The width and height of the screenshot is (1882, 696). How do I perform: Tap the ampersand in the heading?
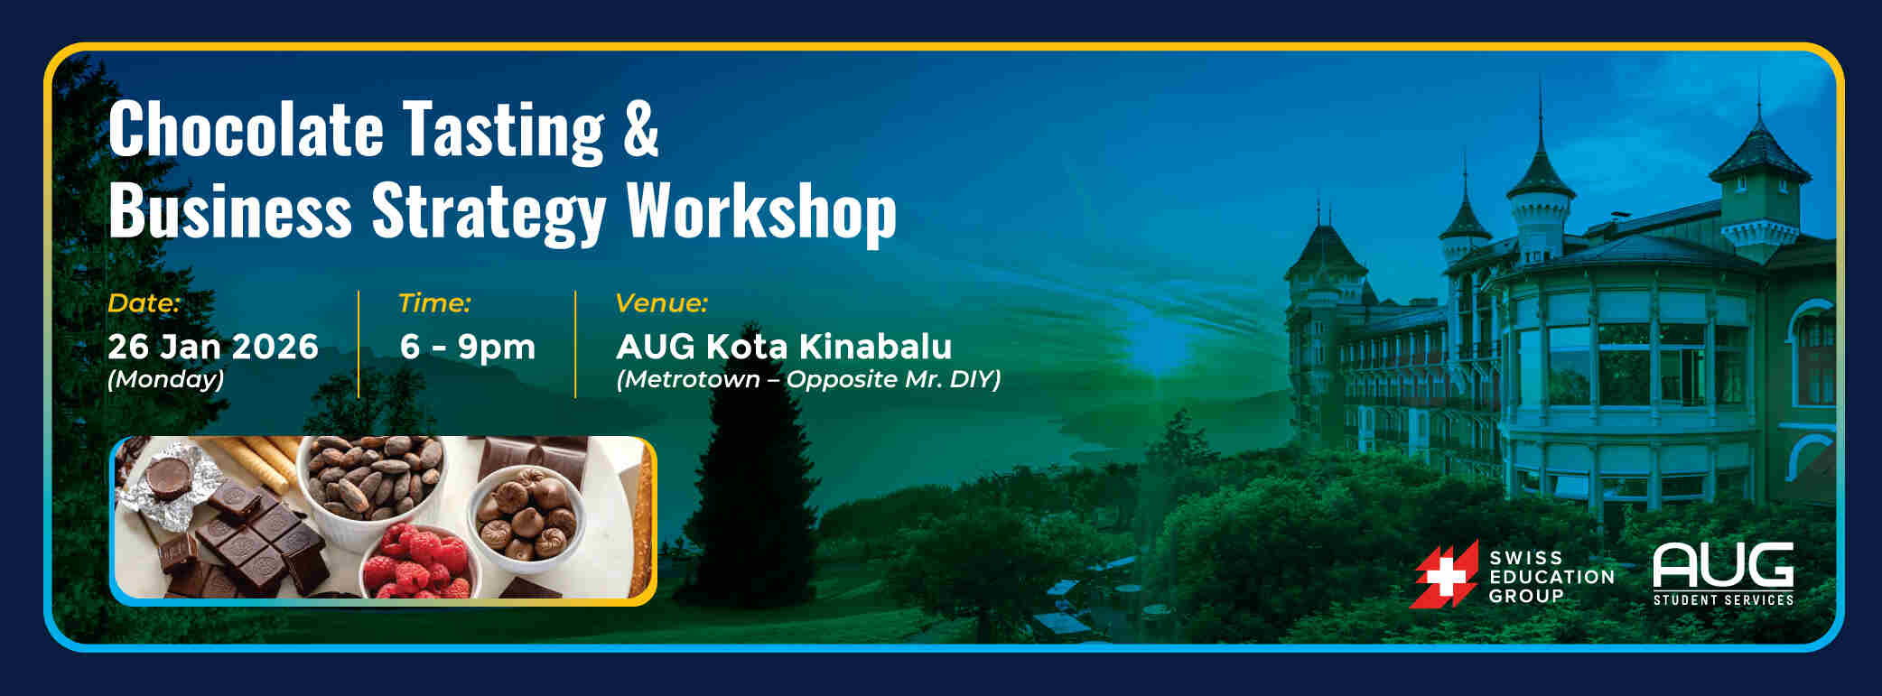[640, 128]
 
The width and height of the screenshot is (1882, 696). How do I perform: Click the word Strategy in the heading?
[489, 213]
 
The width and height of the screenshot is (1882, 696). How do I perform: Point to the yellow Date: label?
[144, 303]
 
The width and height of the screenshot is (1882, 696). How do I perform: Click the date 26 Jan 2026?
[213, 347]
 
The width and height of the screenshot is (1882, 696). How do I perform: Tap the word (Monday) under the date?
[165, 379]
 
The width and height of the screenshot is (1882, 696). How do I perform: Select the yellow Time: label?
[434, 303]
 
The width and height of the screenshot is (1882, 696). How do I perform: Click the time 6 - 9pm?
[468, 348]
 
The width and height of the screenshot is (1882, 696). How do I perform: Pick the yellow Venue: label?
[661, 303]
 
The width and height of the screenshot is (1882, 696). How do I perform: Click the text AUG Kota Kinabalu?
[784, 347]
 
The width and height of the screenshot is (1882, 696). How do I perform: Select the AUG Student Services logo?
[1723, 574]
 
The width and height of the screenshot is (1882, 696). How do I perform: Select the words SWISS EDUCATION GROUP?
[1551, 577]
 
